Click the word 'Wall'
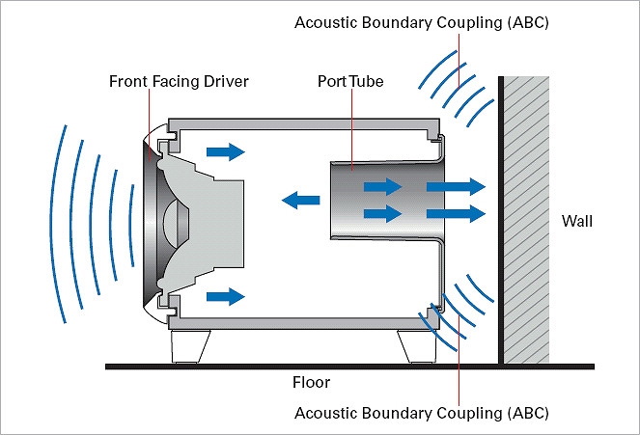point(577,222)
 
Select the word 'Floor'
point(311,382)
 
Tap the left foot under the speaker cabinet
point(191,347)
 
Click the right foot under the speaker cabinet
point(414,347)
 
